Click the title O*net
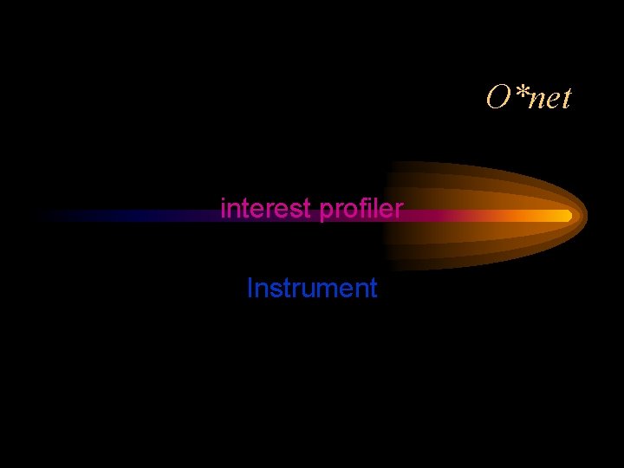(x=529, y=99)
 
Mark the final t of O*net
(x=565, y=100)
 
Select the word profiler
(x=361, y=210)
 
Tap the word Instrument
(x=312, y=288)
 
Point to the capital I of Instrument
(x=250, y=288)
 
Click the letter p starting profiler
(x=327, y=212)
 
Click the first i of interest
(x=224, y=209)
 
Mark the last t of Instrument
(x=373, y=289)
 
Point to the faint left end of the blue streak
(x=43, y=216)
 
